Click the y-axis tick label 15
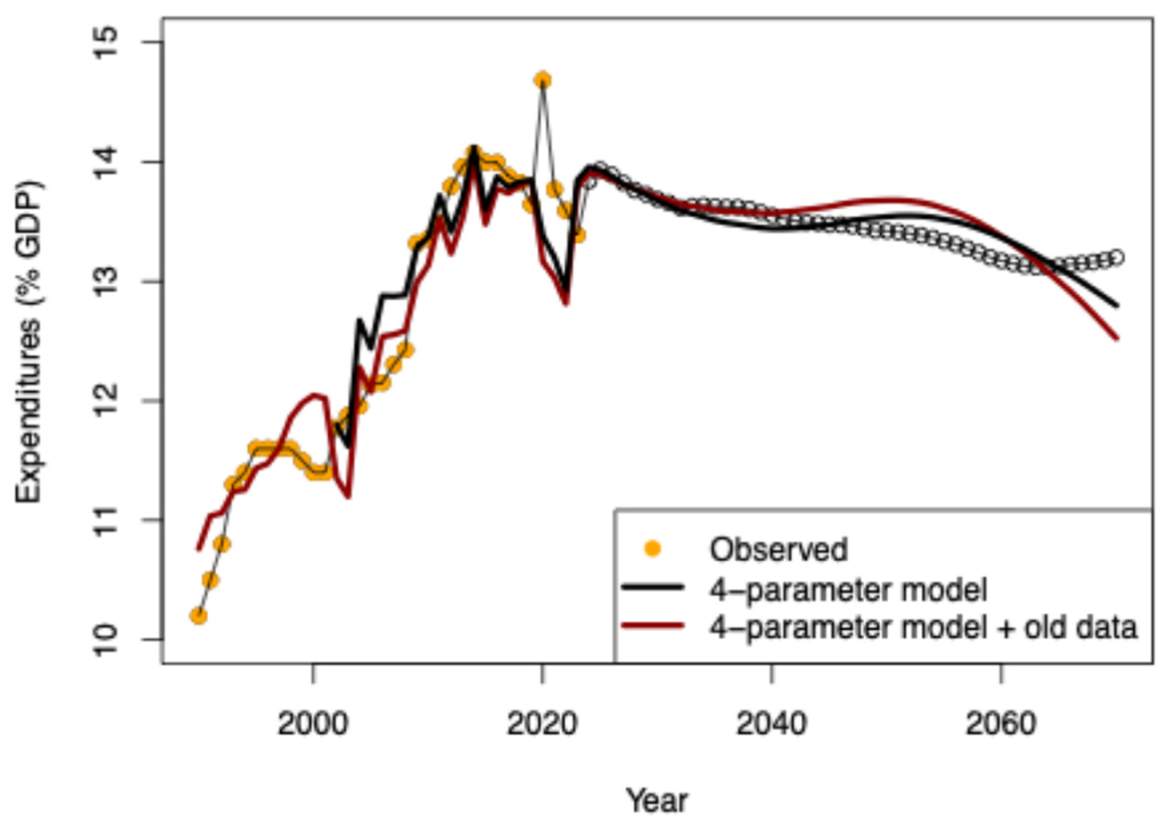pyautogui.click(x=105, y=42)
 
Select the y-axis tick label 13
pyautogui.click(x=105, y=282)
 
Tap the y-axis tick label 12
pyautogui.click(x=105, y=401)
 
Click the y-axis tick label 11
pyautogui.click(x=105, y=520)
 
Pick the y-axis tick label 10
pyautogui.click(x=105, y=640)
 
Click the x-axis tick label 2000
pyautogui.click(x=313, y=723)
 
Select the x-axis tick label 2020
pyautogui.click(x=542, y=723)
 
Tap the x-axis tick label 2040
pyautogui.click(x=772, y=723)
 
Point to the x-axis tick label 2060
pyautogui.click(x=1001, y=723)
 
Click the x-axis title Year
pyautogui.click(x=657, y=801)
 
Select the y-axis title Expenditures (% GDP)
pyautogui.click(x=29, y=342)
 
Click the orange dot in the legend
pyautogui.click(x=653, y=549)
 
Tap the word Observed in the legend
pyautogui.click(x=778, y=550)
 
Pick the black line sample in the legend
pyautogui.click(x=653, y=587)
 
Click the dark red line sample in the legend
pyautogui.click(x=653, y=626)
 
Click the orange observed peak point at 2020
pyautogui.click(x=543, y=80)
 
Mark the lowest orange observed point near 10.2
pyautogui.click(x=199, y=616)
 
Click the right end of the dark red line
pyautogui.click(x=1117, y=338)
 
